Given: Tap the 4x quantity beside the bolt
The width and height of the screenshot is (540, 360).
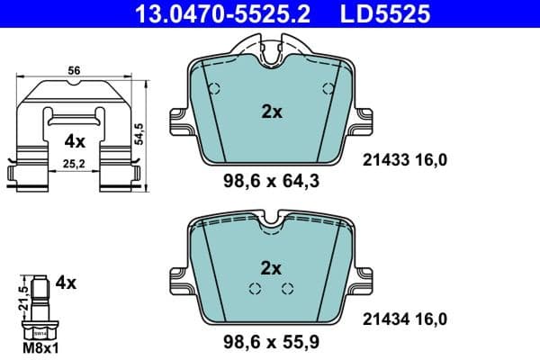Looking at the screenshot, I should click(x=66, y=282).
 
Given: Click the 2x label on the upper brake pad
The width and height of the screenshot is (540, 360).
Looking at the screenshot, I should click(x=271, y=112).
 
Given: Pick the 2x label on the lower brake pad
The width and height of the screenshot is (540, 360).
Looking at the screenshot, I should click(x=271, y=267).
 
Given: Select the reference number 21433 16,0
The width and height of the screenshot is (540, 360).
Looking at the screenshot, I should click(x=404, y=159).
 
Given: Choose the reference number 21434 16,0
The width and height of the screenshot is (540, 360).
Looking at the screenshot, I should click(x=404, y=317).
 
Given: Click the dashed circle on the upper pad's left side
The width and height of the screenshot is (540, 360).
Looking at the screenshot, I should click(x=214, y=88).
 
